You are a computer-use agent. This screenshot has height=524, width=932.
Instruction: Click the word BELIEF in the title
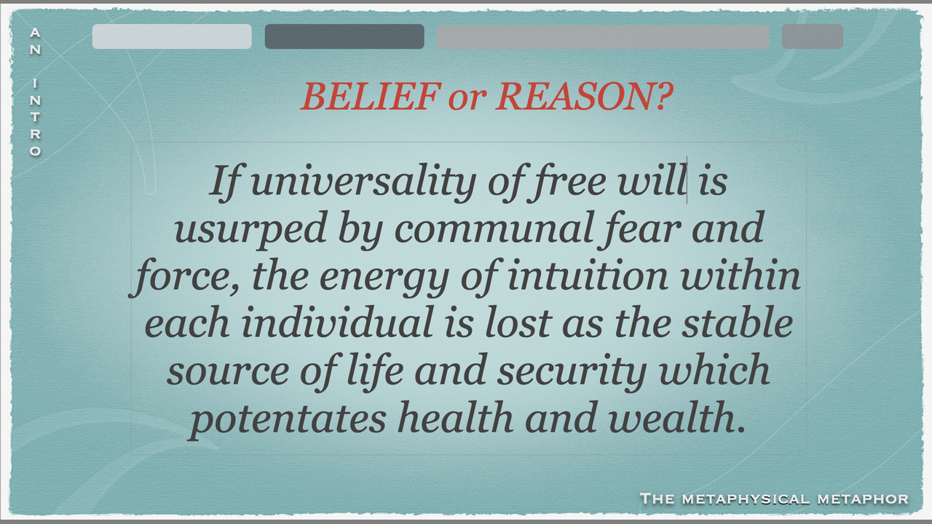[x=371, y=97]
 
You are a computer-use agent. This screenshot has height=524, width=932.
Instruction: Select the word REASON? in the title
[x=585, y=97]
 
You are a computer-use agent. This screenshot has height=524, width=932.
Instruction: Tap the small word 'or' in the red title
[x=467, y=100]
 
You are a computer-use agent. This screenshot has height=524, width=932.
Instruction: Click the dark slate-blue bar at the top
[x=344, y=36]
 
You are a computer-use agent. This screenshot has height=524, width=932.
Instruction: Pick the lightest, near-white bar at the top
[x=172, y=36]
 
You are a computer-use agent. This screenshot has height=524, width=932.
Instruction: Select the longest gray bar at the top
[x=603, y=37]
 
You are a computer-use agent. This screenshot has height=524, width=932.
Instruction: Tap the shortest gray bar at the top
[x=813, y=36]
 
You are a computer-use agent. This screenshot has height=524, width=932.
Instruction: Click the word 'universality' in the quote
[x=364, y=182]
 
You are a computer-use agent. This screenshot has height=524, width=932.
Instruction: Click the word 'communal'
[x=494, y=229]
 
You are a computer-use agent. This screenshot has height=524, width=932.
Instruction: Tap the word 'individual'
[x=337, y=322]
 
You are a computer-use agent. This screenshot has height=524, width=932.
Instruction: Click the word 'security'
[x=572, y=371]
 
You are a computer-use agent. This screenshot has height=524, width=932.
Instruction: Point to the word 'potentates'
[x=288, y=418]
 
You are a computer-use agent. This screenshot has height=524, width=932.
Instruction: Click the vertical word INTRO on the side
[x=36, y=118]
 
